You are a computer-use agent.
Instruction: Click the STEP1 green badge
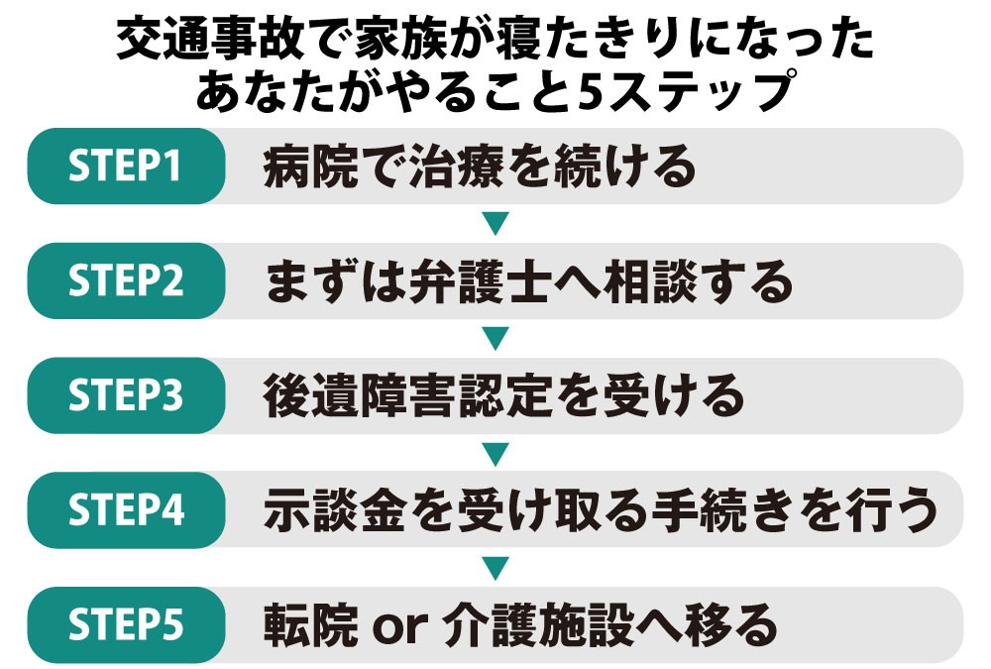pyautogui.click(x=126, y=167)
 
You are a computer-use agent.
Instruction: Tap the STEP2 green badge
pyautogui.click(x=126, y=281)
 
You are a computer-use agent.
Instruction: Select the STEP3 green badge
pyautogui.click(x=126, y=395)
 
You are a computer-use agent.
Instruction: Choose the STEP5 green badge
pyautogui.click(x=126, y=625)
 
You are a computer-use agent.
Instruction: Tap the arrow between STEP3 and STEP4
pyautogui.click(x=495, y=454)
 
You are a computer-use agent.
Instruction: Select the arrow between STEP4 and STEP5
pyautogui.click(x=495, y=568)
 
